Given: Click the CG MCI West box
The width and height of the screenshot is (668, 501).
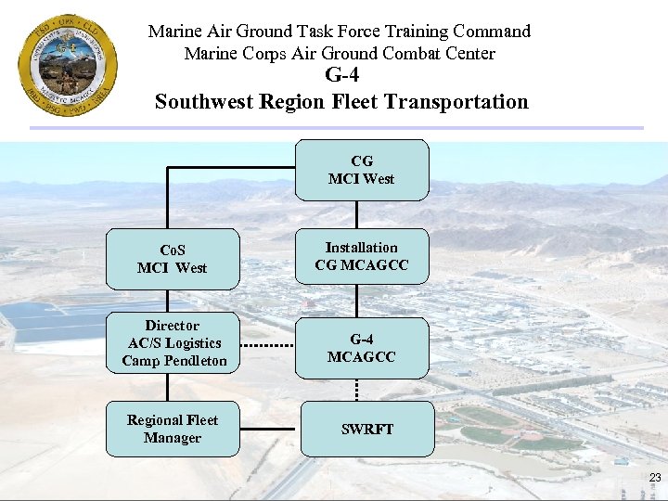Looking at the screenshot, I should (362, 170).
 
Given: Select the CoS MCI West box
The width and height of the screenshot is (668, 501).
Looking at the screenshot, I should (173, 259).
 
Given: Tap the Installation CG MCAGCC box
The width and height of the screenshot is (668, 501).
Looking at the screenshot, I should (362, 256).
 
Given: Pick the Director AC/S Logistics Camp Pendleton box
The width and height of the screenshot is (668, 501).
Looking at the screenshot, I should (173, 343).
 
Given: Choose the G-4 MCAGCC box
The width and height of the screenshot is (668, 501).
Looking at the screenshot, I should (362, 348).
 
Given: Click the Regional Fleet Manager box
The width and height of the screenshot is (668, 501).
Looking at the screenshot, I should (173, 429).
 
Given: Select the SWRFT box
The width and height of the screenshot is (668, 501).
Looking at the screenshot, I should (366, 429).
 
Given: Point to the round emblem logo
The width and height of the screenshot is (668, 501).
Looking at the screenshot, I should (67, 65).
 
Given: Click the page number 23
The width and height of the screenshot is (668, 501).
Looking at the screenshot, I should (655, 478).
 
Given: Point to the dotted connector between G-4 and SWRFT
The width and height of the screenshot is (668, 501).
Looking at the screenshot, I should (358, 390).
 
